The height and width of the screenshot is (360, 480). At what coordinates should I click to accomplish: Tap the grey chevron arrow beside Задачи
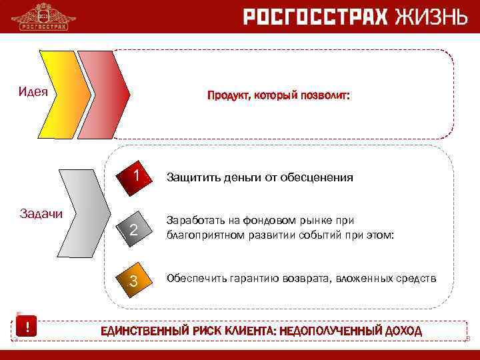click(x=85, y=217)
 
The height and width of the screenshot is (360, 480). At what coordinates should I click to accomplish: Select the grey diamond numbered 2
click(x=133, y=231)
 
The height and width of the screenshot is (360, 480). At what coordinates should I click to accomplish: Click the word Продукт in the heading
click(x=226, y=96)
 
